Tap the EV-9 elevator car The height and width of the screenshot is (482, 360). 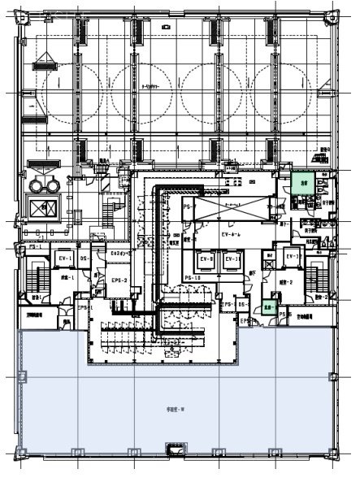[x=206, y=261]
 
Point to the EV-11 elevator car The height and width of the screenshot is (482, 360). [x=231, y=261]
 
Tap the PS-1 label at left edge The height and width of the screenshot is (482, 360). [x=35, y=245]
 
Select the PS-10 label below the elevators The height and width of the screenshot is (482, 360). [x=193, y=279]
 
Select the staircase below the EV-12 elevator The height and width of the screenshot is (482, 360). [x=313, y=280]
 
